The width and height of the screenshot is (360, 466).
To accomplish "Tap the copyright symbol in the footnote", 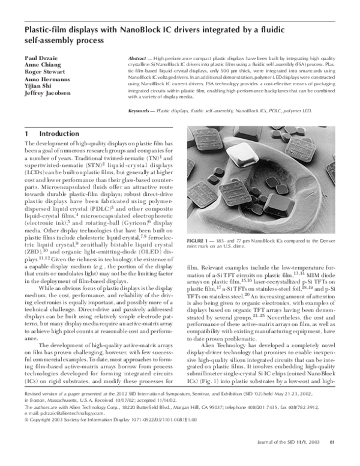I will coord(26,437).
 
